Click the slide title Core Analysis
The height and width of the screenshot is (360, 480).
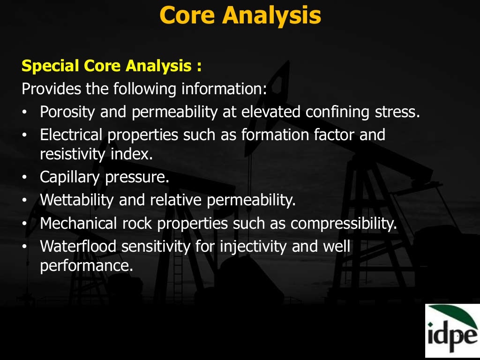click(x=240, y=15)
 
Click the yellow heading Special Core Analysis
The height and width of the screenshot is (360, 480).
click(x=112, y=66)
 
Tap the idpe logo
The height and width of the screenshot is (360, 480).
click(x=452, y=330)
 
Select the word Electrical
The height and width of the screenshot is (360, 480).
click(x=71, y=135)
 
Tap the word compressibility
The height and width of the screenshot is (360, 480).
click(x=343, y=223)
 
